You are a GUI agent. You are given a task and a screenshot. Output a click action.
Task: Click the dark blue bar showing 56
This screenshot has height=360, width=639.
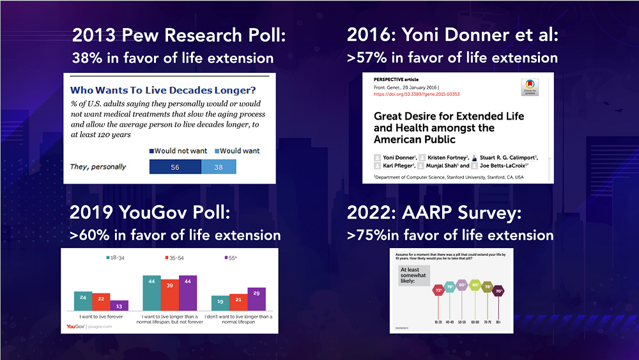pos(175,167)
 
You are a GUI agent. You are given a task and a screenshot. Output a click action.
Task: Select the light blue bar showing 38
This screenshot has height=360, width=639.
pos(219,167)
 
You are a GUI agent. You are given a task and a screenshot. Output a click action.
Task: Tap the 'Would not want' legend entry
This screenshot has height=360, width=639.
pos(179,151)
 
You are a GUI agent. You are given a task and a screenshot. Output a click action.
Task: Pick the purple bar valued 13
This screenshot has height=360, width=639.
pos(119,305)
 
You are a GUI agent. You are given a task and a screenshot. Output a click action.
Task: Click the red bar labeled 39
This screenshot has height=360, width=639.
pos(170,295)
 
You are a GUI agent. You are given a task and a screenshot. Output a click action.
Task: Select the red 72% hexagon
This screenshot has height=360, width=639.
pos(439,290)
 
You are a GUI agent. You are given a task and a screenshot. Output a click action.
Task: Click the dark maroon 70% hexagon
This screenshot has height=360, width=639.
pos(498,290)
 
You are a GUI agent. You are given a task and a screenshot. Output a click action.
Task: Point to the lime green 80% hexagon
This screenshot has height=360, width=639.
pos(475,285)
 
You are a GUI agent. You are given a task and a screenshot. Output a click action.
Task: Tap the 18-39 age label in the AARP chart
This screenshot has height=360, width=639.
pos(439,323)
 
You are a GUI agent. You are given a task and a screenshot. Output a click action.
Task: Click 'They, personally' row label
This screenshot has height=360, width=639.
pos(98,167)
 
